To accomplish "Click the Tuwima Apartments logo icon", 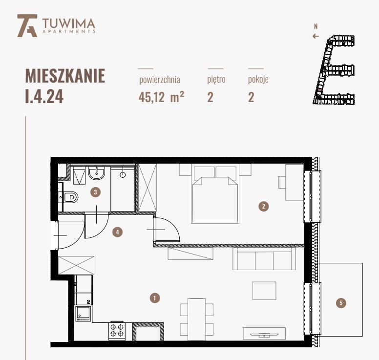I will point(27,25).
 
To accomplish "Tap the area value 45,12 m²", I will point(161,97).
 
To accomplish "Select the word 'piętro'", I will point(216,80).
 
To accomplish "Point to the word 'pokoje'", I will point(258,80).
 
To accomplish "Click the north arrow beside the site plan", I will point(316,36).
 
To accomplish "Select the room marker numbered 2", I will point(263,207).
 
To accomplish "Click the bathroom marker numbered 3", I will point(96,192).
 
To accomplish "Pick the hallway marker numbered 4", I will point(117,233).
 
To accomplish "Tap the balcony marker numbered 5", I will point(342,303).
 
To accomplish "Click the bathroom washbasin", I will point(98,173).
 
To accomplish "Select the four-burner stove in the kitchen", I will point(117,331).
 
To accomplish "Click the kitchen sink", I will point(84,312).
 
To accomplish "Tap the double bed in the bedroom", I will point(215,195).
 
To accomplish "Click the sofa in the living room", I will point(264,259).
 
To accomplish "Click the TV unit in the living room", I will point(263,334).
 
